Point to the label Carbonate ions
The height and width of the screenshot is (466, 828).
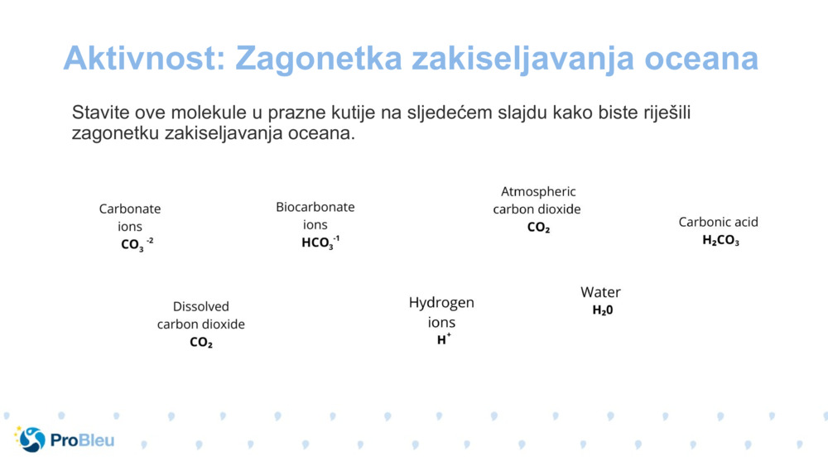pyautogui.click(x=130, y=217)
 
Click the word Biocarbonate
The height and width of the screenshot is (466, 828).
pyautogui.click(x=315, y=207)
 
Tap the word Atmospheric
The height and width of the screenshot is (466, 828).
pyautogui.click(x=538, y=191)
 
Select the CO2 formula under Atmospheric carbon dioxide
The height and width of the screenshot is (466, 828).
pyautogui.click(x=538, y=228)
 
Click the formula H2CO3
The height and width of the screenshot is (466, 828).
pyautogui.click(x=720, y=241)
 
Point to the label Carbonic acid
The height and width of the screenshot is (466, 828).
pyautogui.click(x=719, y=222)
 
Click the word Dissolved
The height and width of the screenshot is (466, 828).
pyautogui.click(x=201, y=306)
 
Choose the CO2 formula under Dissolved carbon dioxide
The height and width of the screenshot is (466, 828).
pyautogui.click(x=201, y=343)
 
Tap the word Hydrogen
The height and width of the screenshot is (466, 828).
pyautogui.click(x=441, y=303)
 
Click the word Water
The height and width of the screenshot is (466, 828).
pyautogui.click(x=600, y=292)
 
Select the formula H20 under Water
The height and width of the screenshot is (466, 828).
pyautogui.click(x=603, y=310)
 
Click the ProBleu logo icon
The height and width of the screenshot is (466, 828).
pyautogui.click(x=30, y=440)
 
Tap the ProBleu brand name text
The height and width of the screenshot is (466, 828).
pyautogui.click(x=82, y=440)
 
